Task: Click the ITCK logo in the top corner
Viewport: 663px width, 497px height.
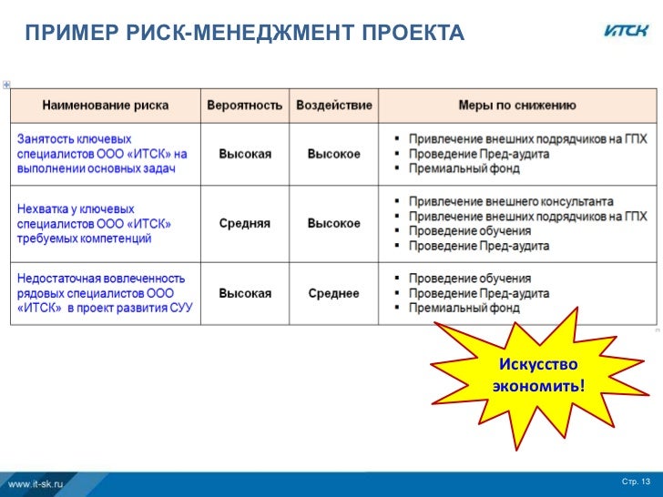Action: pos(627,31)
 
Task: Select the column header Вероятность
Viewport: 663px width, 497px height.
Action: pos(244,105)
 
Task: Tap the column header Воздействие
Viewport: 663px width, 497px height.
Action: pos(334,105)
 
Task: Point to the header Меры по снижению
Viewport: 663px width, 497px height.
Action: pos(516,105)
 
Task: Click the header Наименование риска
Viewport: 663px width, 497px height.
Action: pos(105,105)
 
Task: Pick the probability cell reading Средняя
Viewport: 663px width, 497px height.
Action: pos(244,223)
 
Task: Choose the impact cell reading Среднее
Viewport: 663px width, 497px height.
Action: pos(333,293)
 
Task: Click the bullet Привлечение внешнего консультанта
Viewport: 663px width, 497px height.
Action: pos(510,201)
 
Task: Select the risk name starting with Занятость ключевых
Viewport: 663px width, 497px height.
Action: pos(102,154)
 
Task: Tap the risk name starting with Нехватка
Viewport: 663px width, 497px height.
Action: pos(95,223)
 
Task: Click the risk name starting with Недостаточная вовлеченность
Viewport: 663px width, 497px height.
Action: pos(105,293)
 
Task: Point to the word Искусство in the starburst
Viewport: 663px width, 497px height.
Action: pos(538,364)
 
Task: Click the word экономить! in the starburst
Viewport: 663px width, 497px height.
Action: pos(538,386)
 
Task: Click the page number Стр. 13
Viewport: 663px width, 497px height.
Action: pos(636,481)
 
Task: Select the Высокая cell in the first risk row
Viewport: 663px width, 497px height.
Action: pos(244,154)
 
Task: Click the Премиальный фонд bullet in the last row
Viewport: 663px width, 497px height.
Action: pos(464,309)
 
